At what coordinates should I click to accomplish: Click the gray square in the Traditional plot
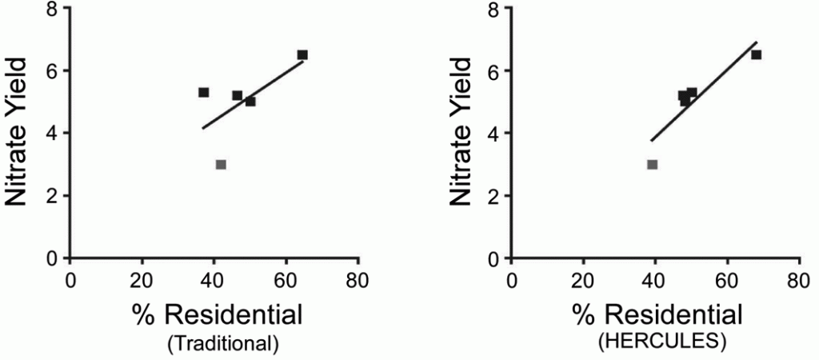221,164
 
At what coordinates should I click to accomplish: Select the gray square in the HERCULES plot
653,164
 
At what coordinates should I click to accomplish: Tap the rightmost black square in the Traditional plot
302,54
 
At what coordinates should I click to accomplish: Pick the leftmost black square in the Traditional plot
204,92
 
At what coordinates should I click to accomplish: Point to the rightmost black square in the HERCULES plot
756,54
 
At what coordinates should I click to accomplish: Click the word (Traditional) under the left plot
223,344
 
